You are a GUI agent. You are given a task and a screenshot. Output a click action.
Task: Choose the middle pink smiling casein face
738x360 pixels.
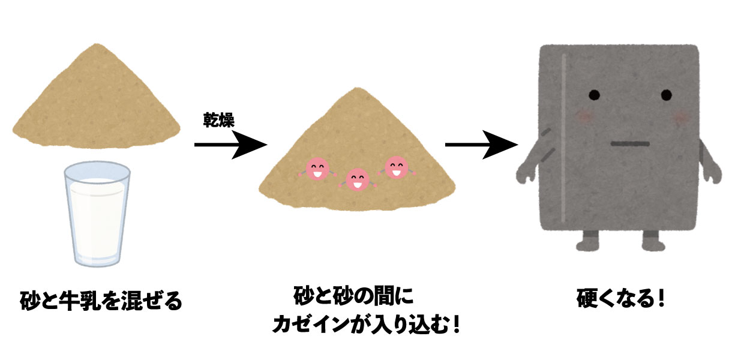click(358, 178)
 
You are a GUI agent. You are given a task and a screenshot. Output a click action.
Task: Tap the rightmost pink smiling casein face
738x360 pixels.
click(396, 167)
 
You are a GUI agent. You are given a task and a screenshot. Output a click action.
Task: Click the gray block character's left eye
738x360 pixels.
click(593, 95)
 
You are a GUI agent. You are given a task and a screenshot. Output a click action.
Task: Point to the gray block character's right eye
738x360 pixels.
click(667, 95)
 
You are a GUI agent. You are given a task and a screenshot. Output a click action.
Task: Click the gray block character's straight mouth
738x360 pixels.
click(629, 144)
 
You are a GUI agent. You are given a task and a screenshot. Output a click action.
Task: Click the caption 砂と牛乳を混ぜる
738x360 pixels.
click(100, 300)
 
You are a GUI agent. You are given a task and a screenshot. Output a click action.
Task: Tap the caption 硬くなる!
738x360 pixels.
click(621, 298)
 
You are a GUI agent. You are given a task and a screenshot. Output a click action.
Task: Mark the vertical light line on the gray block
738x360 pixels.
click(563, 138)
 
